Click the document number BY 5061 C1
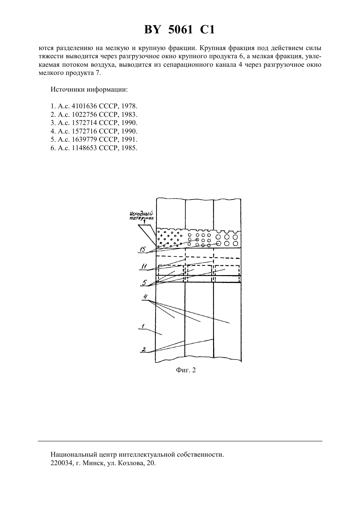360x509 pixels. click(180, 30)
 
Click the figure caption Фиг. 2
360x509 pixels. click(186, 370)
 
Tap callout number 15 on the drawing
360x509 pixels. click(143, 249)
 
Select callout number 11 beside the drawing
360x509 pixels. click(144, 266)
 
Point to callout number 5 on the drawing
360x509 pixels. click(145, 283)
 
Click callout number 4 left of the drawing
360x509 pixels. click(145, 297)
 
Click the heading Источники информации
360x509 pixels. click(89, 90)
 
